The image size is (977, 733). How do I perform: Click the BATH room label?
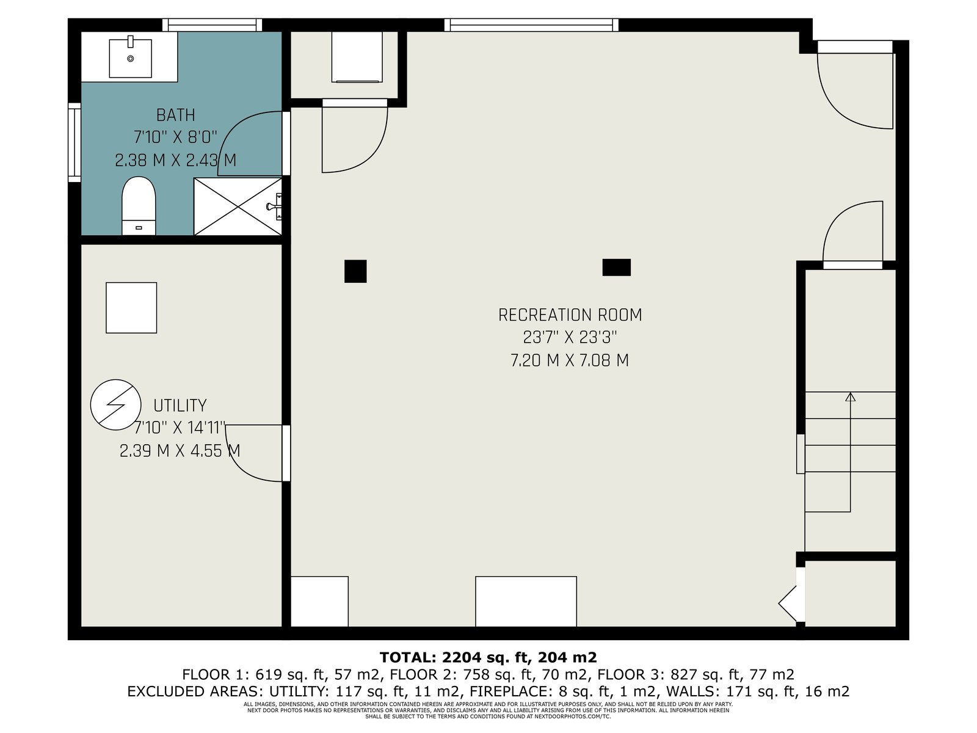point(175,115)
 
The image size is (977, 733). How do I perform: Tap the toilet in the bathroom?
point(139,206)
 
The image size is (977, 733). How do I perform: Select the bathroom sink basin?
point(131,58)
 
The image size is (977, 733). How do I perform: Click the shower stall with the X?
point(238,206)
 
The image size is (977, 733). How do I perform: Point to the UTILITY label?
point(180,406)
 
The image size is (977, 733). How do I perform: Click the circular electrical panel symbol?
point(116,404)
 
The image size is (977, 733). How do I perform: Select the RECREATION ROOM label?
point(570,315)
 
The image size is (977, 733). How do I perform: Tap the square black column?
point(355,271)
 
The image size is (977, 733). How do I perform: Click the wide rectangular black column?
point(617,268)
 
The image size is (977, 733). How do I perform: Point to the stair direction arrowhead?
point(850,396)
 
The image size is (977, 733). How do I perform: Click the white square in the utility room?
point(131,307)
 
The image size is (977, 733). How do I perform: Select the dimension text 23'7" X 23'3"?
point(570,338)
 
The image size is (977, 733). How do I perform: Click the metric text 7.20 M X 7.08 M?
point(570,360)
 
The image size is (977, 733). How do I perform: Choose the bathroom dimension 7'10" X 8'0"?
point(175,137)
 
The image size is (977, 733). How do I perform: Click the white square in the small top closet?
point(357,57)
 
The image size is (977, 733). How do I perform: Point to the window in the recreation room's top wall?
point(531,25)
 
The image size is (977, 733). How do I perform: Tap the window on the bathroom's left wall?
point(74,142)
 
